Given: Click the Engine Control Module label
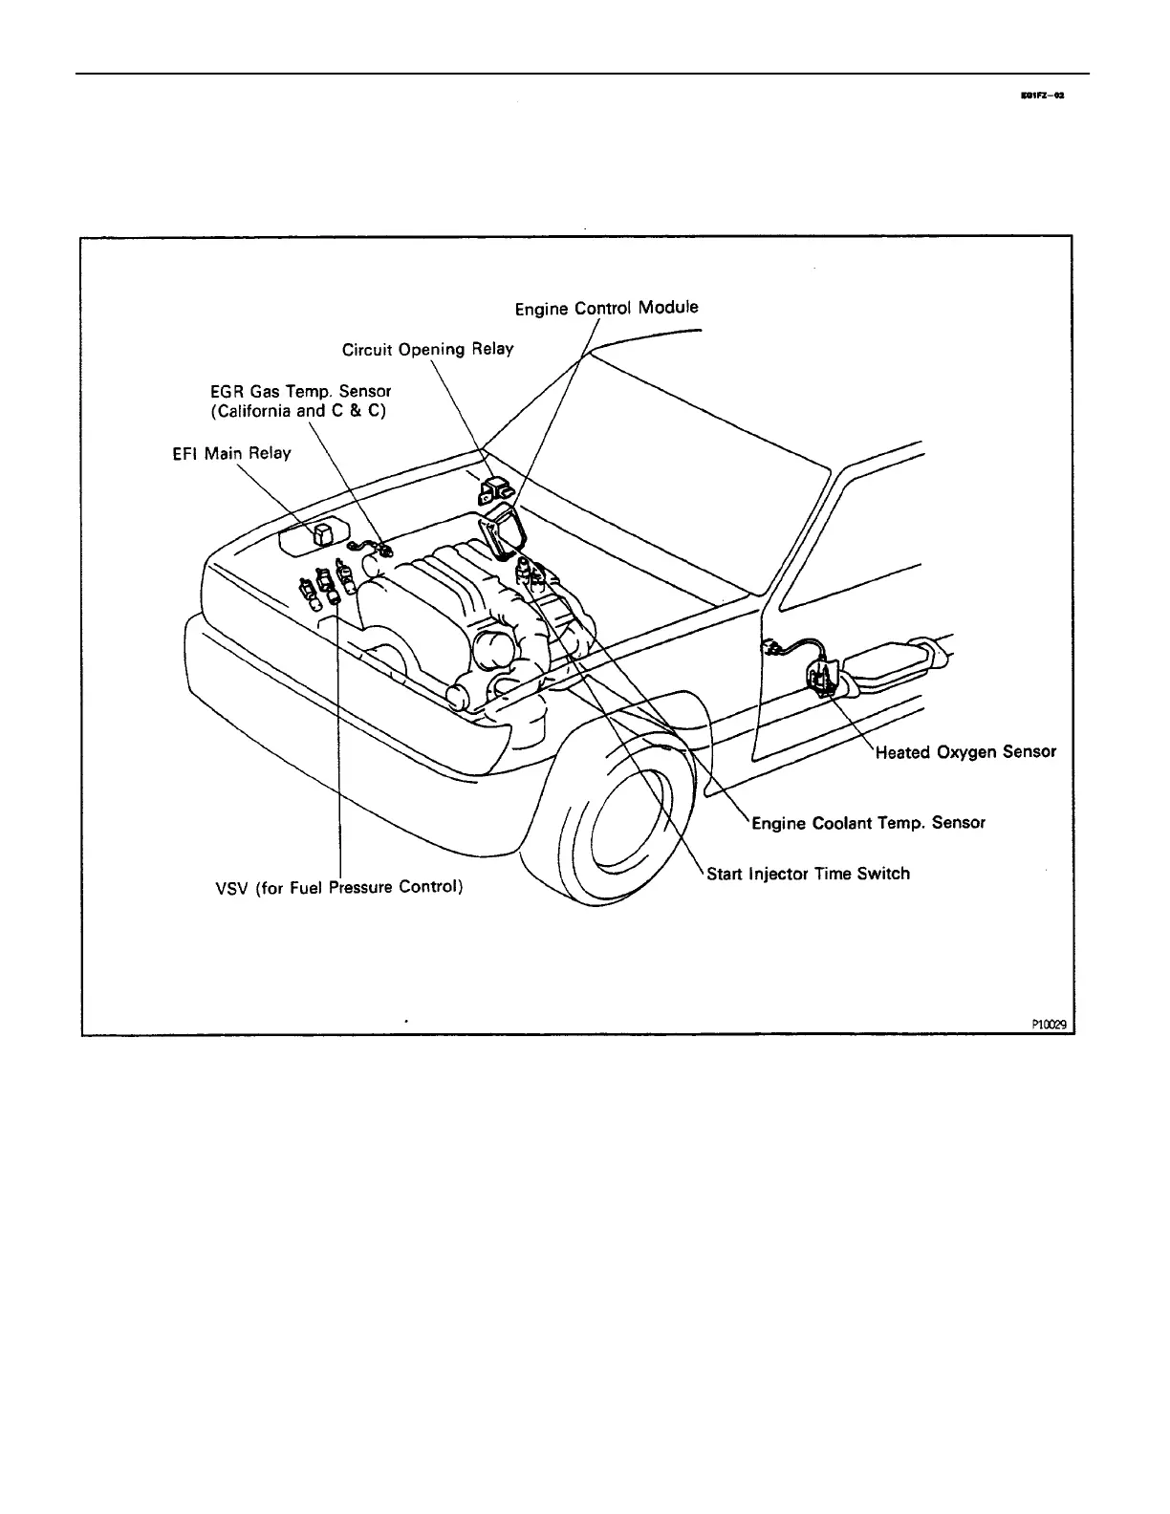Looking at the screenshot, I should (x=607, y=308).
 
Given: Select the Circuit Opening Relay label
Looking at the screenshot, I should (x=427, y=350).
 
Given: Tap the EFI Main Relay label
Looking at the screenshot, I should (x=225, y=453).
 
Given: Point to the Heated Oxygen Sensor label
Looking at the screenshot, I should (x=965, y=752).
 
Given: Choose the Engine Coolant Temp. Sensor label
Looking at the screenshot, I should (x=868, y=822).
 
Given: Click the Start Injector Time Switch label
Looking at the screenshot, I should (x=808, y=874).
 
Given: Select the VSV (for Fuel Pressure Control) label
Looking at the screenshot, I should (x=339, y=887).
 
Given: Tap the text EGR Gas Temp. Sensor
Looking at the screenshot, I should (x=301, y=391).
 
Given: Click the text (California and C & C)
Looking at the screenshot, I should (x=297, y=412).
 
